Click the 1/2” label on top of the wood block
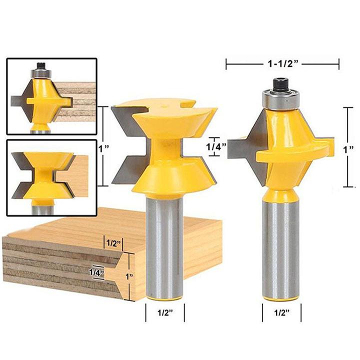(x=112, y=243)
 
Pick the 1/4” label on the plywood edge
(x=96, y=272)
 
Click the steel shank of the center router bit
(x=164, y=240)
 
